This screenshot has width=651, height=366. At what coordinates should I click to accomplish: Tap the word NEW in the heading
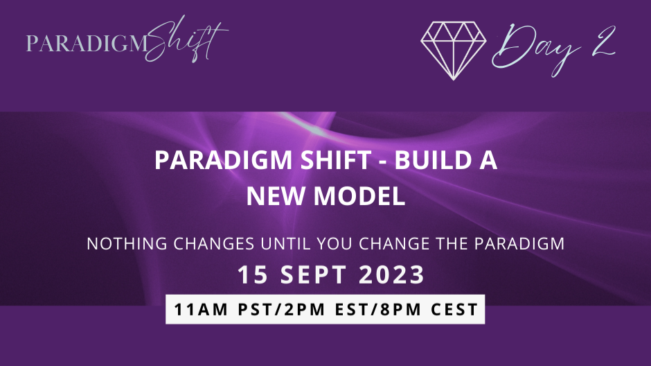[277, 196]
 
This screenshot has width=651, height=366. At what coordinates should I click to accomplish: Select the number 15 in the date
[251, 275]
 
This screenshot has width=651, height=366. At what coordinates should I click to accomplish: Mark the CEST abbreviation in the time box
[453, 308]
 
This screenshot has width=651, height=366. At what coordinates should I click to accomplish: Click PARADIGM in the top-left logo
[87, 44]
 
